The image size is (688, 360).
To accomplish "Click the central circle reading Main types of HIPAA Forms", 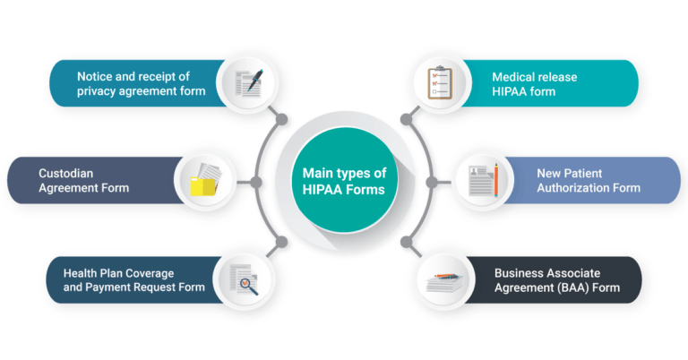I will click(x=343, y=180).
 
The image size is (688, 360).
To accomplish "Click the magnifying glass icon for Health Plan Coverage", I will click(x=244, y=279).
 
